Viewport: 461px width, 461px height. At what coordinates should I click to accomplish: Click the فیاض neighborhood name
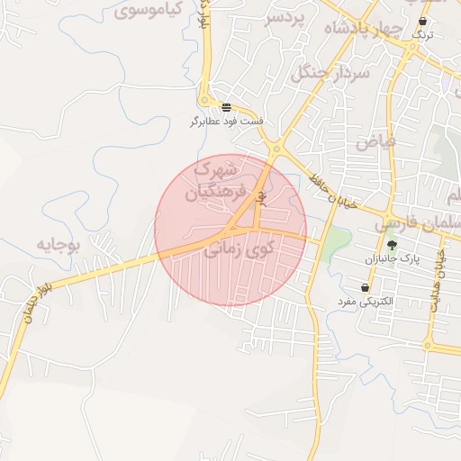click(x=375, y=140)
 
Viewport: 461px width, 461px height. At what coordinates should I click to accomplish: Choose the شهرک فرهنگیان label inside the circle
click(x=214, y=180)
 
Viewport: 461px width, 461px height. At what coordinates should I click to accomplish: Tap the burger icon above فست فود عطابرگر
click(x=225, y=106)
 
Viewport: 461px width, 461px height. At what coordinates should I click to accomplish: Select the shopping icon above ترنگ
click(x=423, y=22)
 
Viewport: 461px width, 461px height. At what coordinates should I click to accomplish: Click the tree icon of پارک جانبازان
click(x=392, y=245)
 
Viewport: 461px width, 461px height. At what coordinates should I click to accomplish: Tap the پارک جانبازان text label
click(x=393, y=259)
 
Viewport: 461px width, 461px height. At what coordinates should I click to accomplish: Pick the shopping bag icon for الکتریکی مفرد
click(x=365, y=288)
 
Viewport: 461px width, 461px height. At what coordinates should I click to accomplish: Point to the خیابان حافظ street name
click(x=325, y=184)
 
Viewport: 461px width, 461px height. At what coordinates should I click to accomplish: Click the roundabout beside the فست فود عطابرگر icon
click(x=206, y=102)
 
